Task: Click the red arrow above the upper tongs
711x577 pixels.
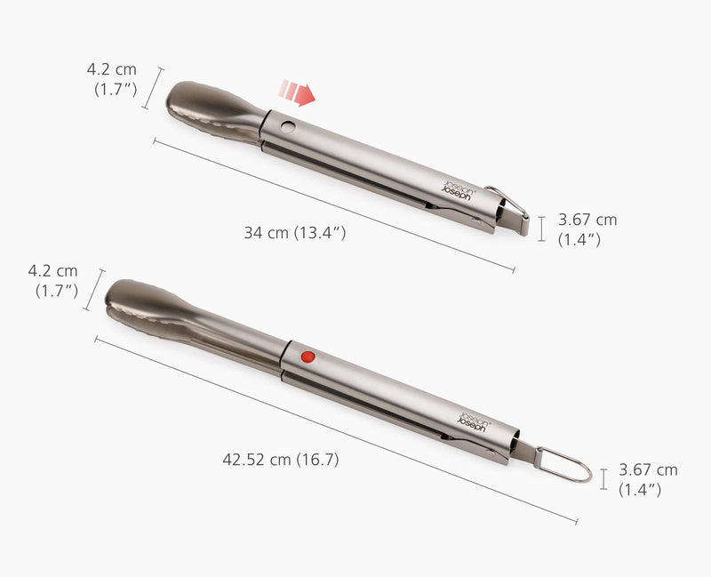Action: (x=298, y=92)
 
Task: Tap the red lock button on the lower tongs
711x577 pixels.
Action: (x=308, y=357)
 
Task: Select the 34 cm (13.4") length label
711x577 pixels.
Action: (x=295, y=233)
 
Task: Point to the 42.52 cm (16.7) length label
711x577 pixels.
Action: (x=280, y=460)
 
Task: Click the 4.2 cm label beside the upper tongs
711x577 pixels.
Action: (x=111, y=78)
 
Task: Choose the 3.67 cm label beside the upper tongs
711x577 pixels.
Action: (x=587, y=228)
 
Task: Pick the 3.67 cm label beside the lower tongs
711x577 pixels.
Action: (x=648, y=479)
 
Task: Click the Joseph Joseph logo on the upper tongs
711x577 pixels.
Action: (x=460, y=187)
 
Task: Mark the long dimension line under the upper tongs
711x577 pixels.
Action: (x=333, y=204)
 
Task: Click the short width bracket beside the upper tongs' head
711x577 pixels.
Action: (x=154, y=88)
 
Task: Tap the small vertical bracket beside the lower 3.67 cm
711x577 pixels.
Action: (x=603, y=479)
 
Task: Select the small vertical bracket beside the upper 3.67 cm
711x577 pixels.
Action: (x=542, y=228)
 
